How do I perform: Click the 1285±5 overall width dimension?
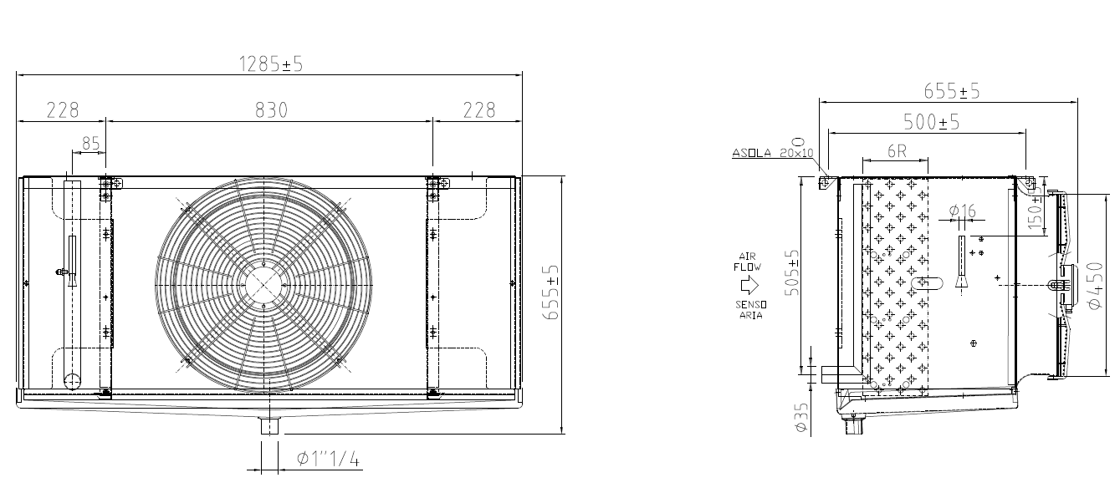coord(270,64)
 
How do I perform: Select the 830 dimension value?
coord(271,110)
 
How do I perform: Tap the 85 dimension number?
coord(91,144)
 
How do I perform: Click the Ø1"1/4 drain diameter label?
coord(328,458)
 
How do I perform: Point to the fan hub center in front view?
coord(263,285)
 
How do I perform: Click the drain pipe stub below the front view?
coord(270,426)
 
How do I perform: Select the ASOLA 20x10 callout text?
coord(773,153)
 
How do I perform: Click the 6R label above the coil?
coord(897,151)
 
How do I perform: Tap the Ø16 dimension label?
coord(963,211)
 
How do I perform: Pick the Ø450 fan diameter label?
coord(1095,285)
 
